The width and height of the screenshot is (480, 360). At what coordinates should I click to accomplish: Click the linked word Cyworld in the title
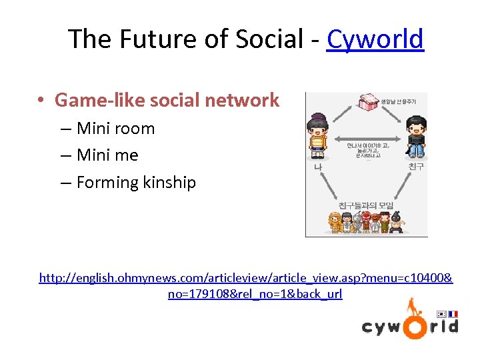click(x=375, y=39)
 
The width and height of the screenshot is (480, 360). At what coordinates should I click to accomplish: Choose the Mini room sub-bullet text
click(x=115, y=129)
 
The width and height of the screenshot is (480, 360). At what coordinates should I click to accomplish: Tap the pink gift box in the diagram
click(x=369, y=102)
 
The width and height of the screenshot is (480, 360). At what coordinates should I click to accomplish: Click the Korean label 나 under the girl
click(x=319, y=167)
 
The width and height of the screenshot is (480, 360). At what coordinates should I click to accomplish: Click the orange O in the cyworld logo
click(x=413, y=327)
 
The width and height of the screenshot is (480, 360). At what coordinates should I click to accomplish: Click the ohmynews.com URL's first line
click(x=245, y=277)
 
